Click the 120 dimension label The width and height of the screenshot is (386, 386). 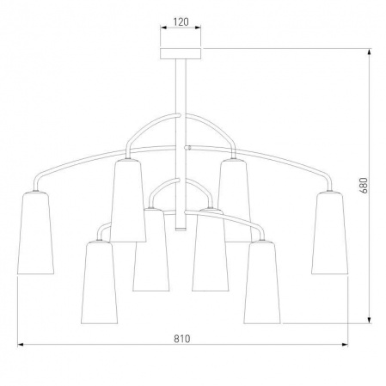pyautogui.click(x=181, y=22)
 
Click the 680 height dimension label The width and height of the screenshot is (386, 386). pyautogui.click(x=364, y=186)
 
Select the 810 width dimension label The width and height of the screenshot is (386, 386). pyautogui.click(x=182, y=339)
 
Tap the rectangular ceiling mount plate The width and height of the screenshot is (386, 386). pyautogui.click(x=181, y=54)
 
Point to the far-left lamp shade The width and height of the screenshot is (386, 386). pyautogui.click(x=35, y=233)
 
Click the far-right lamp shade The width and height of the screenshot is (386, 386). pyautogui.click(x=330, y=233)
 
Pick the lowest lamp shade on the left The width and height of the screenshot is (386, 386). pyautogui.click(x=99, y=282)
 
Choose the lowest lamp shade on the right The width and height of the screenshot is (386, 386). pyautogui.click(x=262, y=282)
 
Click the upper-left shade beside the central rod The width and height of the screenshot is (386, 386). pyautogui.click(x=128, y=200)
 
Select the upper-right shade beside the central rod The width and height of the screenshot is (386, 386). pyautogui.click(x=235, y=200)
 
